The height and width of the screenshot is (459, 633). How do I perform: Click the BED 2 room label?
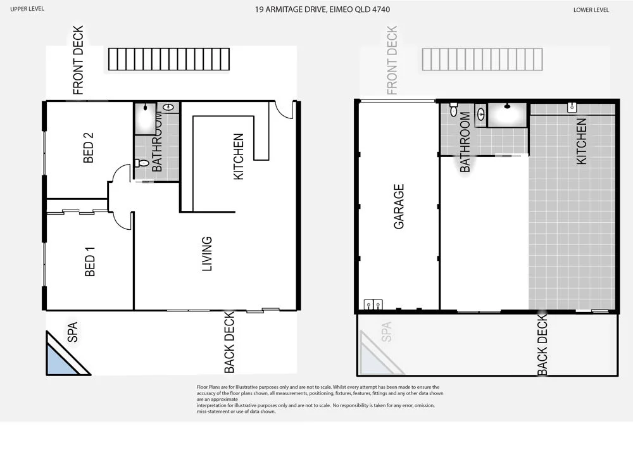89,148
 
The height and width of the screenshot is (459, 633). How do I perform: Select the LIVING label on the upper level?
207,254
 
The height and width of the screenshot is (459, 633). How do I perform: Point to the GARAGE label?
399,206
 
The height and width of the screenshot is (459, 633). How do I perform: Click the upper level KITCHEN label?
239,156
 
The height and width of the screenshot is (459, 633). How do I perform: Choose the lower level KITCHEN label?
581,141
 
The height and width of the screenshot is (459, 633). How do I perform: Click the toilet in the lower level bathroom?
453,110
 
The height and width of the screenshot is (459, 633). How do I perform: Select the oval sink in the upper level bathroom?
168,108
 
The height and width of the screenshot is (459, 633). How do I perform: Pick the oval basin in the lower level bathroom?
480,115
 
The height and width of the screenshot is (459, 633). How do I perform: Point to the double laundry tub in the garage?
373,304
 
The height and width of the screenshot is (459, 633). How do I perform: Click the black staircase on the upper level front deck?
168,59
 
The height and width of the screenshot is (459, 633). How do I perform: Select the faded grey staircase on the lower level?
482,59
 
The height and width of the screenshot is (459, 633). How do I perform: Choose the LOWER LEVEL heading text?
591,10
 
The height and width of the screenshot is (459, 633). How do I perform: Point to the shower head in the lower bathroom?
508,106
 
